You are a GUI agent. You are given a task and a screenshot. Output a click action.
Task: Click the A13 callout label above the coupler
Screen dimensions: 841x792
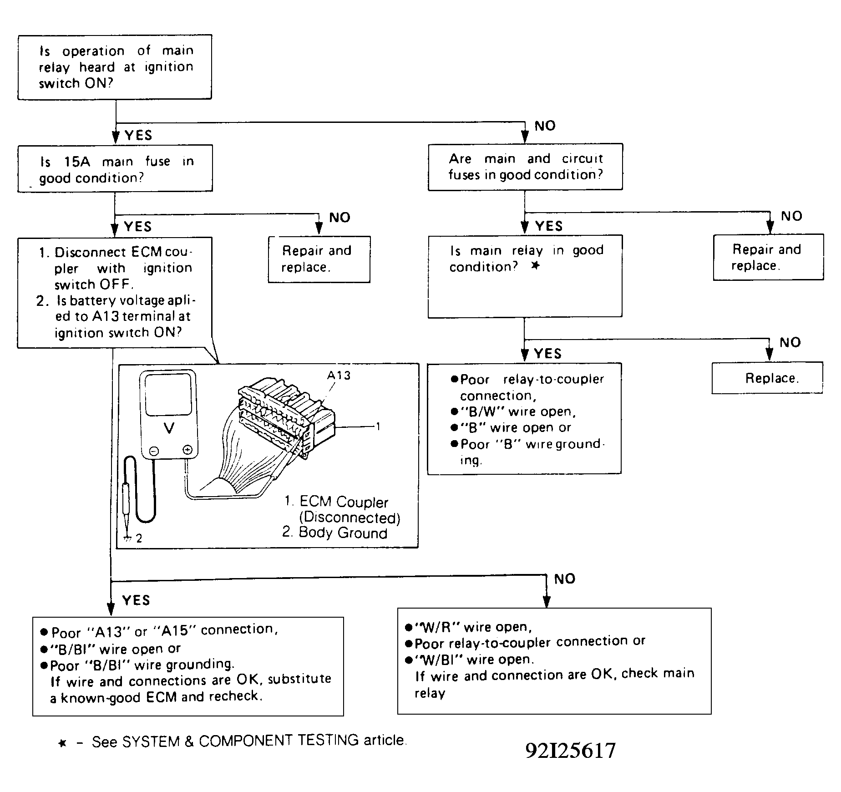pyautogui.click(x=339, y=376)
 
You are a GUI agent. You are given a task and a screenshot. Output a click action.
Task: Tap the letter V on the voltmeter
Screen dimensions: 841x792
pyautogui.click(x=169, y=428)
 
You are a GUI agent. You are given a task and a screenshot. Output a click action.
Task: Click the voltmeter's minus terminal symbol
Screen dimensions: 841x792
pyautogui.click(x=154, y=451)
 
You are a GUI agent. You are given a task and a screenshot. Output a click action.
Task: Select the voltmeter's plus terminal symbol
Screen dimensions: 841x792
pyautogui.click(x=187, y=451)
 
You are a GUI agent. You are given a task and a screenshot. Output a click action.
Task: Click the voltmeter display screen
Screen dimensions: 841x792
pyautogui.click(x=168, y=394)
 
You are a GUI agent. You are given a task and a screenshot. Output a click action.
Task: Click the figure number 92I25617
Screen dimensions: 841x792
pyautogui.click(x=571, y=751)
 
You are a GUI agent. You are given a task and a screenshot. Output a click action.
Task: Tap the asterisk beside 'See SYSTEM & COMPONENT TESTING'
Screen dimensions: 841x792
pyautogui.click(x=63, y=743)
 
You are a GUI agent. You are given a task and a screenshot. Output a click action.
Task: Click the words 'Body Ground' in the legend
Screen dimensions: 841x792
pyautogui.click(x=343, y=533)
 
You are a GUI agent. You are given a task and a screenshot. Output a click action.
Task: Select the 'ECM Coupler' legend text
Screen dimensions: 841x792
pyautogui.click(x=344, y=502)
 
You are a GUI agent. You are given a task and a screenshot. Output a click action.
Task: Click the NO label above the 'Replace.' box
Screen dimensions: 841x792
pyautogui.click(x=790, y=343)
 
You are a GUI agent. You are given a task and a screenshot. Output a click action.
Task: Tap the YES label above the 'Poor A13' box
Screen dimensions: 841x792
pyautogui.click(x=136, y=600)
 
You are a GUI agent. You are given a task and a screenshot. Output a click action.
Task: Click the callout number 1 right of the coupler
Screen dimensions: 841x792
pyautogui.click(x=378, y=426)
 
